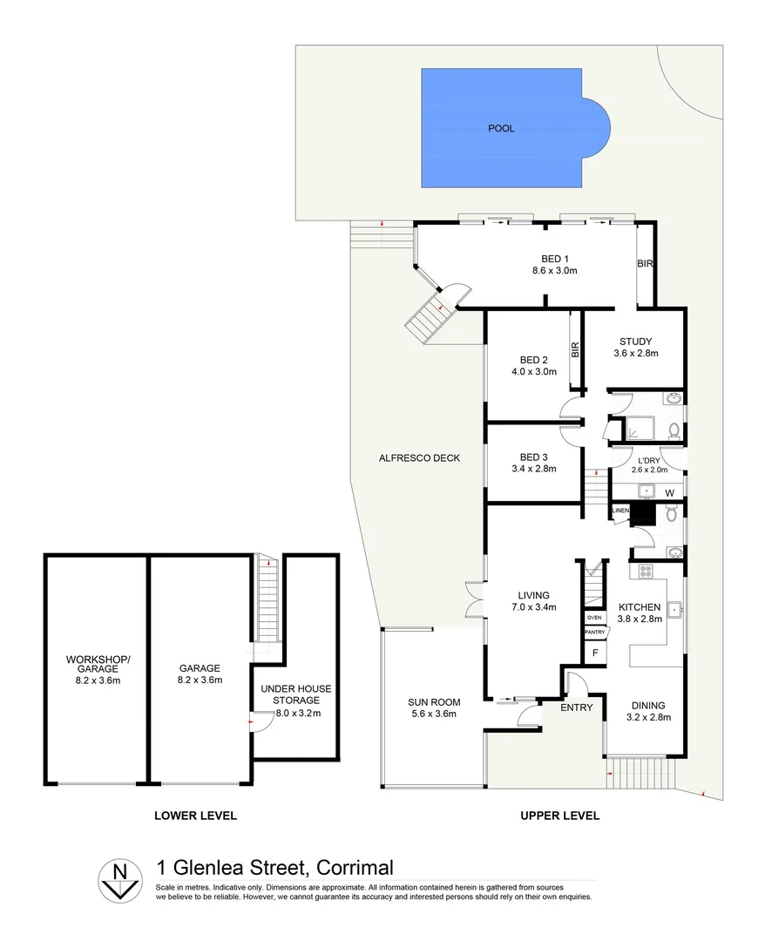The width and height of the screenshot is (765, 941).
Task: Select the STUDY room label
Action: (636, 342)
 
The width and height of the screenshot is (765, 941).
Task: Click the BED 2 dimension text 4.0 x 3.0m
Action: (533, 372)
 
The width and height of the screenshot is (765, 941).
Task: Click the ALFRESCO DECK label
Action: (419, 458)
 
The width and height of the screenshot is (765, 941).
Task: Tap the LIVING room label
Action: (533, 596)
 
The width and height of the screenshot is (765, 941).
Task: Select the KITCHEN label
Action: (640, 607)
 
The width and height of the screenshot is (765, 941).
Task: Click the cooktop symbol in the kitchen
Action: (647, 572)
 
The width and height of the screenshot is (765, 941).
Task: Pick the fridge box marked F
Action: (595, 651)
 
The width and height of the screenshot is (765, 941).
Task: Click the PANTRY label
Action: (594, 632)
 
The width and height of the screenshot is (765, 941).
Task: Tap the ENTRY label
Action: (576, 707)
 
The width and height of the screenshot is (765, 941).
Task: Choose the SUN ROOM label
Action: (433, 702)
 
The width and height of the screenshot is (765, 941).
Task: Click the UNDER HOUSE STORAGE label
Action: (296, 694)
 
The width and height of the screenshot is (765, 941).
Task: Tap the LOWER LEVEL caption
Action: (195, 816)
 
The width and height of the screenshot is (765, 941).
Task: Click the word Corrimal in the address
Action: (355, 868)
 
